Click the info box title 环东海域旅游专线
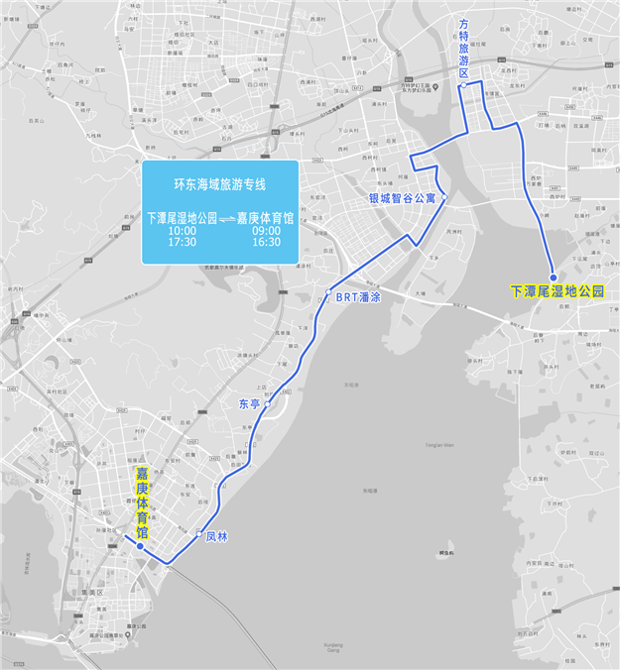click(x=219, y=183)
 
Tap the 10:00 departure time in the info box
click(x=183, y=230)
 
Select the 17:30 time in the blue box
click(x=183, y=242)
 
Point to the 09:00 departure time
click(x=266, y=230)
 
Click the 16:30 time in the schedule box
click(x=266, y=242)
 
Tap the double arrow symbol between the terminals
click(x=226, y=217)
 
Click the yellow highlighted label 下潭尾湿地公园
click(x=557, y=291)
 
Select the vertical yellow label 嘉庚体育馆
click(x=142, y=504)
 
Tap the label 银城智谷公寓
click(x=402, y=198)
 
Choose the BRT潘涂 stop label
click(x=358, y=296)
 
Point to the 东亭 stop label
click(x=249, y=403)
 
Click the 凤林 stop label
click(x=217, y=536)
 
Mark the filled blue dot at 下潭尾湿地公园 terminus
click(x=554, y=278)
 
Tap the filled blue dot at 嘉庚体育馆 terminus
click(x=141, y=546)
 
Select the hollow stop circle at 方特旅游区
click(x=462, y=87)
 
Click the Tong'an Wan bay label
click(x=435, y=447)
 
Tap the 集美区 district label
click(x=93, y=592)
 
